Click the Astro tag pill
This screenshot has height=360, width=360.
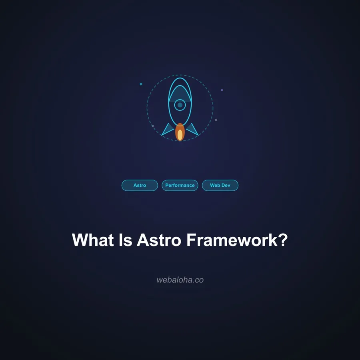click(x=140, y=186)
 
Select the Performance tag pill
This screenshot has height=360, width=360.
click(x=180, y=186)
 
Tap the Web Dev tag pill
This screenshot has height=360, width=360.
click(x=220, y=186)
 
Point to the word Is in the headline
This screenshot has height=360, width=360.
click(x=127, y=240)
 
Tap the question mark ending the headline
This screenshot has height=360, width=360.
click(x=283, y=240)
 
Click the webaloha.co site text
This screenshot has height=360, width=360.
click(x=180, y=280)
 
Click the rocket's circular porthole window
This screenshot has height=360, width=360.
click(x=180, y=105)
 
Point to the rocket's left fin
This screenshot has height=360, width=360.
click(x=168, y=129)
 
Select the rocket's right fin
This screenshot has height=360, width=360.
click(x=192, y=129)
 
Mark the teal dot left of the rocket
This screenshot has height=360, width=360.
click(x=141, y=84)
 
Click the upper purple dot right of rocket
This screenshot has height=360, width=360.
click(x=222, y=90)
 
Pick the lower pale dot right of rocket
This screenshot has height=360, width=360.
click(x=216, y=120)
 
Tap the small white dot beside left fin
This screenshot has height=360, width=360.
click(x=153, y=126)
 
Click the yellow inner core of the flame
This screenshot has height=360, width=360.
click(x=180, y=135)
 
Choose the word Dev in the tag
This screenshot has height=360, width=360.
click(x=226, y=186)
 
